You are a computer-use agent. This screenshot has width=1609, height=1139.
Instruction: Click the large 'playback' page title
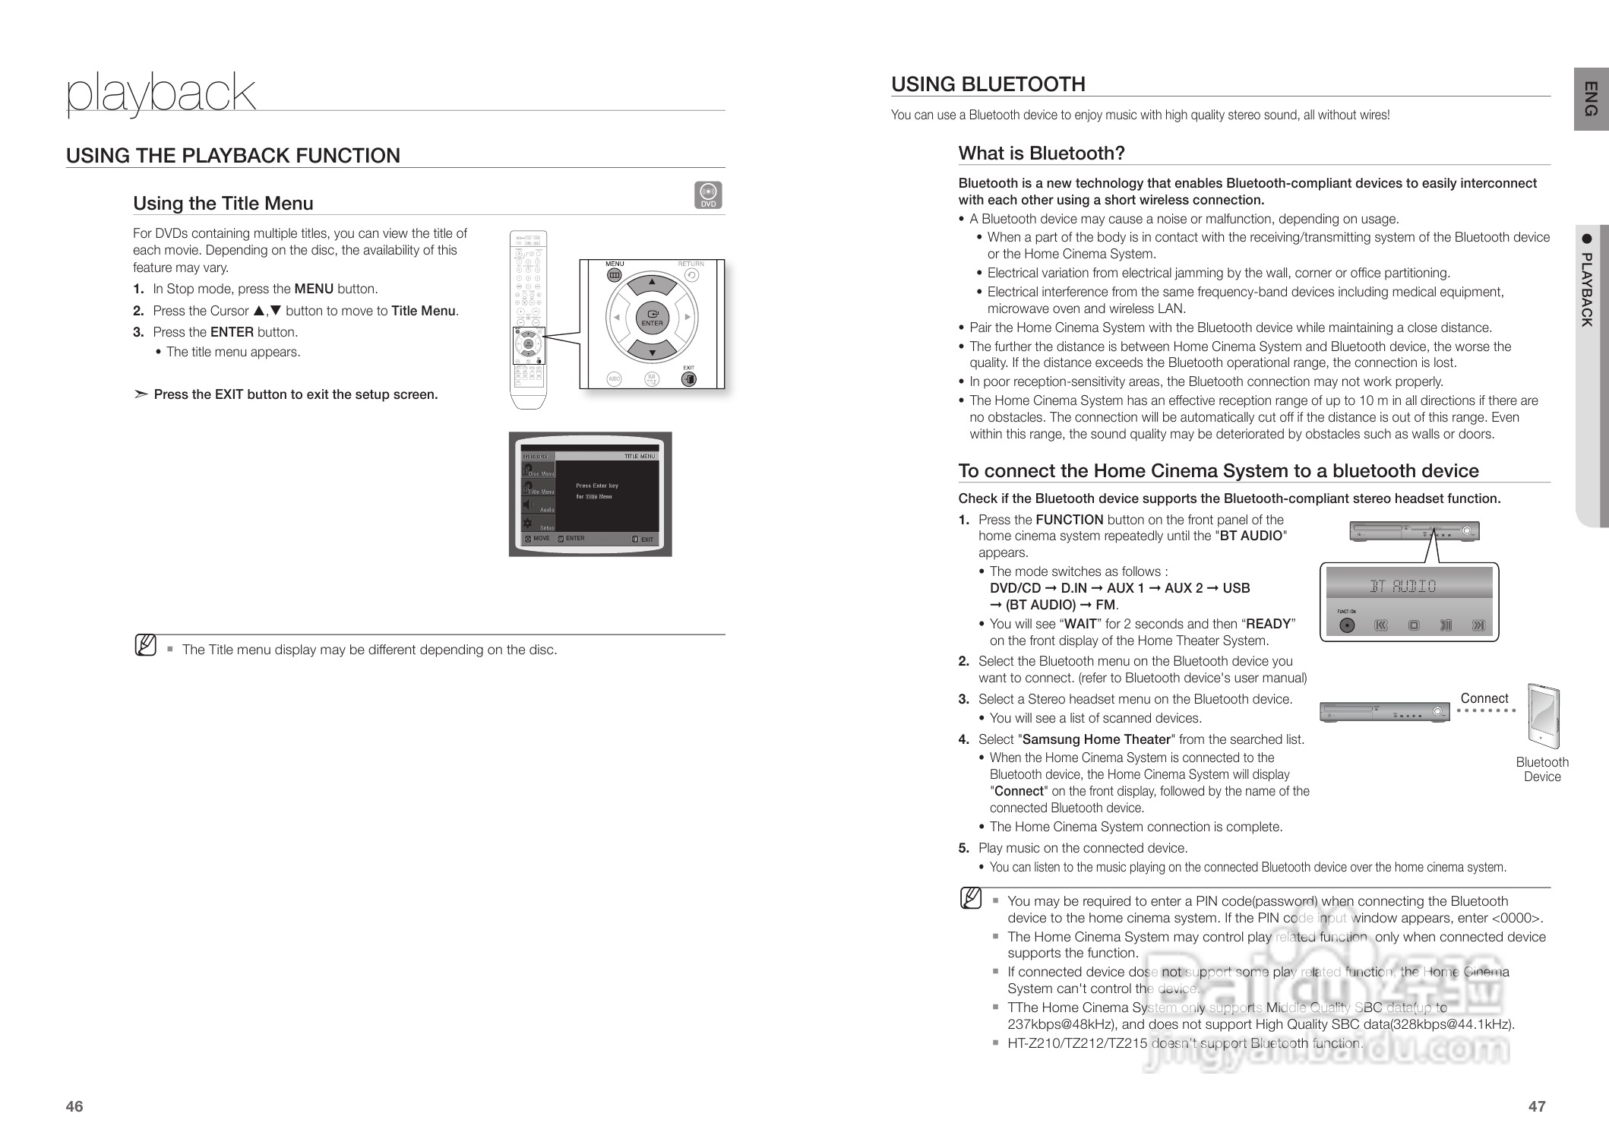(x=161, y=93)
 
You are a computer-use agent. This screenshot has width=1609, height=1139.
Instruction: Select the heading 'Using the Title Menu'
(x=223, y=204)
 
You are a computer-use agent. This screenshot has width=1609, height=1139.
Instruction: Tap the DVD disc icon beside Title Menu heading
(x=708, y=195)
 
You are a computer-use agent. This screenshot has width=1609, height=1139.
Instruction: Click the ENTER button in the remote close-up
(x=652, y=318)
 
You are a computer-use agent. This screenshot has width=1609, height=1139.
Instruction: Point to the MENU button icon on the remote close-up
(x=615, y=274)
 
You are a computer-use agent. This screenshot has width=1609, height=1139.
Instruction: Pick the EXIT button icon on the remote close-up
(x=688, y=378)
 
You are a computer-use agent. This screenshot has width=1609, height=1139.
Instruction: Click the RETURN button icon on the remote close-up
(x=691, y=274)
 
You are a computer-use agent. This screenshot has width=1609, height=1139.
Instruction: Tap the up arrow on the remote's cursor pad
(x=652, y=284)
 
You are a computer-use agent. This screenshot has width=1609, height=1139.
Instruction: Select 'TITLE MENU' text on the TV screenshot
(x=639, y=456)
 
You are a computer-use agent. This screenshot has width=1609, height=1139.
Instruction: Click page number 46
(x=74, y=1106)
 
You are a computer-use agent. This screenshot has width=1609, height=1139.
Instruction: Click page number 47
(x=1536, y=1106)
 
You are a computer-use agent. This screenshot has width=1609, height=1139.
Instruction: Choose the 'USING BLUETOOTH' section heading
(x=988, y=84)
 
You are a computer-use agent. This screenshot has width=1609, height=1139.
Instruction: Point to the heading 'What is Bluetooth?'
(x=1041, y=153)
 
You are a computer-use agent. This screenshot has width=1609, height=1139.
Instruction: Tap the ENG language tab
(x=1591, y=99)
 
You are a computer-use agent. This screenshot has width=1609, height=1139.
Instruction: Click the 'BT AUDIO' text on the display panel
(x=1402, y=586)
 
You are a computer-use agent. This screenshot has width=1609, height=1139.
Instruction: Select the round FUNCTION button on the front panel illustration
(x=1347, y=625)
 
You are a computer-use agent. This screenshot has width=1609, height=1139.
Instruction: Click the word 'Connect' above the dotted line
(x=1484, y=698)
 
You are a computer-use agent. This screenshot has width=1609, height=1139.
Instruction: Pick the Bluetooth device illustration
(x=1542, y=717)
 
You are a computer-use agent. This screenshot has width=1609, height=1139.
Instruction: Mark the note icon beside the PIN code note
(x=970, y=899)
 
